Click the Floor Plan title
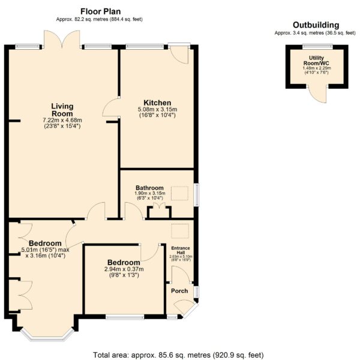tap(100, 11)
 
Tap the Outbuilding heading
tap(316, 25)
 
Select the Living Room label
tap(62, 110)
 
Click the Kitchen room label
tap(157, 103)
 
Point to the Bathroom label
tap(149, 188)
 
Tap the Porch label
tap(179, 290)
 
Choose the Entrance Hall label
tap(181, 250)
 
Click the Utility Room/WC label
tap(316, 61)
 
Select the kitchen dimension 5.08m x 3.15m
tap(157, 109)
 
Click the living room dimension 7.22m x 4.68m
tap(62, 120)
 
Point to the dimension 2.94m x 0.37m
tap(124, 269)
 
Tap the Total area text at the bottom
tap(178, 355)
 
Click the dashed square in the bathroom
tap(179, 193)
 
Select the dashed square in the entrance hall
tap(180, 231)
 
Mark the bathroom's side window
tap(197, 194)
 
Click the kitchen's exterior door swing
tap(179, 55)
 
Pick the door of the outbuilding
tap(317, 94)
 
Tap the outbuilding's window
tap(317, 47)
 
